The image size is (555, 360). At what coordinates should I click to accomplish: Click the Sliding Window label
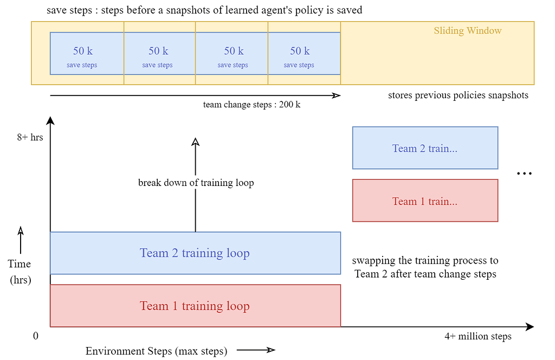click(468, 31)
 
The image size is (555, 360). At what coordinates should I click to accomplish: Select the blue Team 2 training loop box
click(195, 253)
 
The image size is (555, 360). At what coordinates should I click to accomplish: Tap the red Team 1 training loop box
click(195, 306)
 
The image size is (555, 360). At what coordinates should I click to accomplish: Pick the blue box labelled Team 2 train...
click(425, 148)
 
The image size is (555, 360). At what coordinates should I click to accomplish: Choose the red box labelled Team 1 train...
click(425, 201)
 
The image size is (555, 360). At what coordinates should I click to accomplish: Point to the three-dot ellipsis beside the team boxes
click(524, 174)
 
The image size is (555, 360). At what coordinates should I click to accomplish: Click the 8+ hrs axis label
click(30, 137)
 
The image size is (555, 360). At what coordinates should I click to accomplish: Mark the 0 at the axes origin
click(36, 336)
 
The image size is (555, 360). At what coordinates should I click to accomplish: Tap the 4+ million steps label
click(478, 337)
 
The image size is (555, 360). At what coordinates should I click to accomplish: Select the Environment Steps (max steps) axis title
click(157, 351)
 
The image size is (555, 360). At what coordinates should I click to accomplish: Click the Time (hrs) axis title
click(20, 272)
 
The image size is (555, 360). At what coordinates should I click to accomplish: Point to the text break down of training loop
click(196, 183)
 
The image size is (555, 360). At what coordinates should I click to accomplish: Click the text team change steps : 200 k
click(251, 105)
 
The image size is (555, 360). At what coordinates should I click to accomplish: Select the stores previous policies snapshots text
click(458, 95)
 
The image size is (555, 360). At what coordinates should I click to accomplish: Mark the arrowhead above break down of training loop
click(195, 142)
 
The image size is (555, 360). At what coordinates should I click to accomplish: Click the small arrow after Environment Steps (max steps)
click(256, 350)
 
